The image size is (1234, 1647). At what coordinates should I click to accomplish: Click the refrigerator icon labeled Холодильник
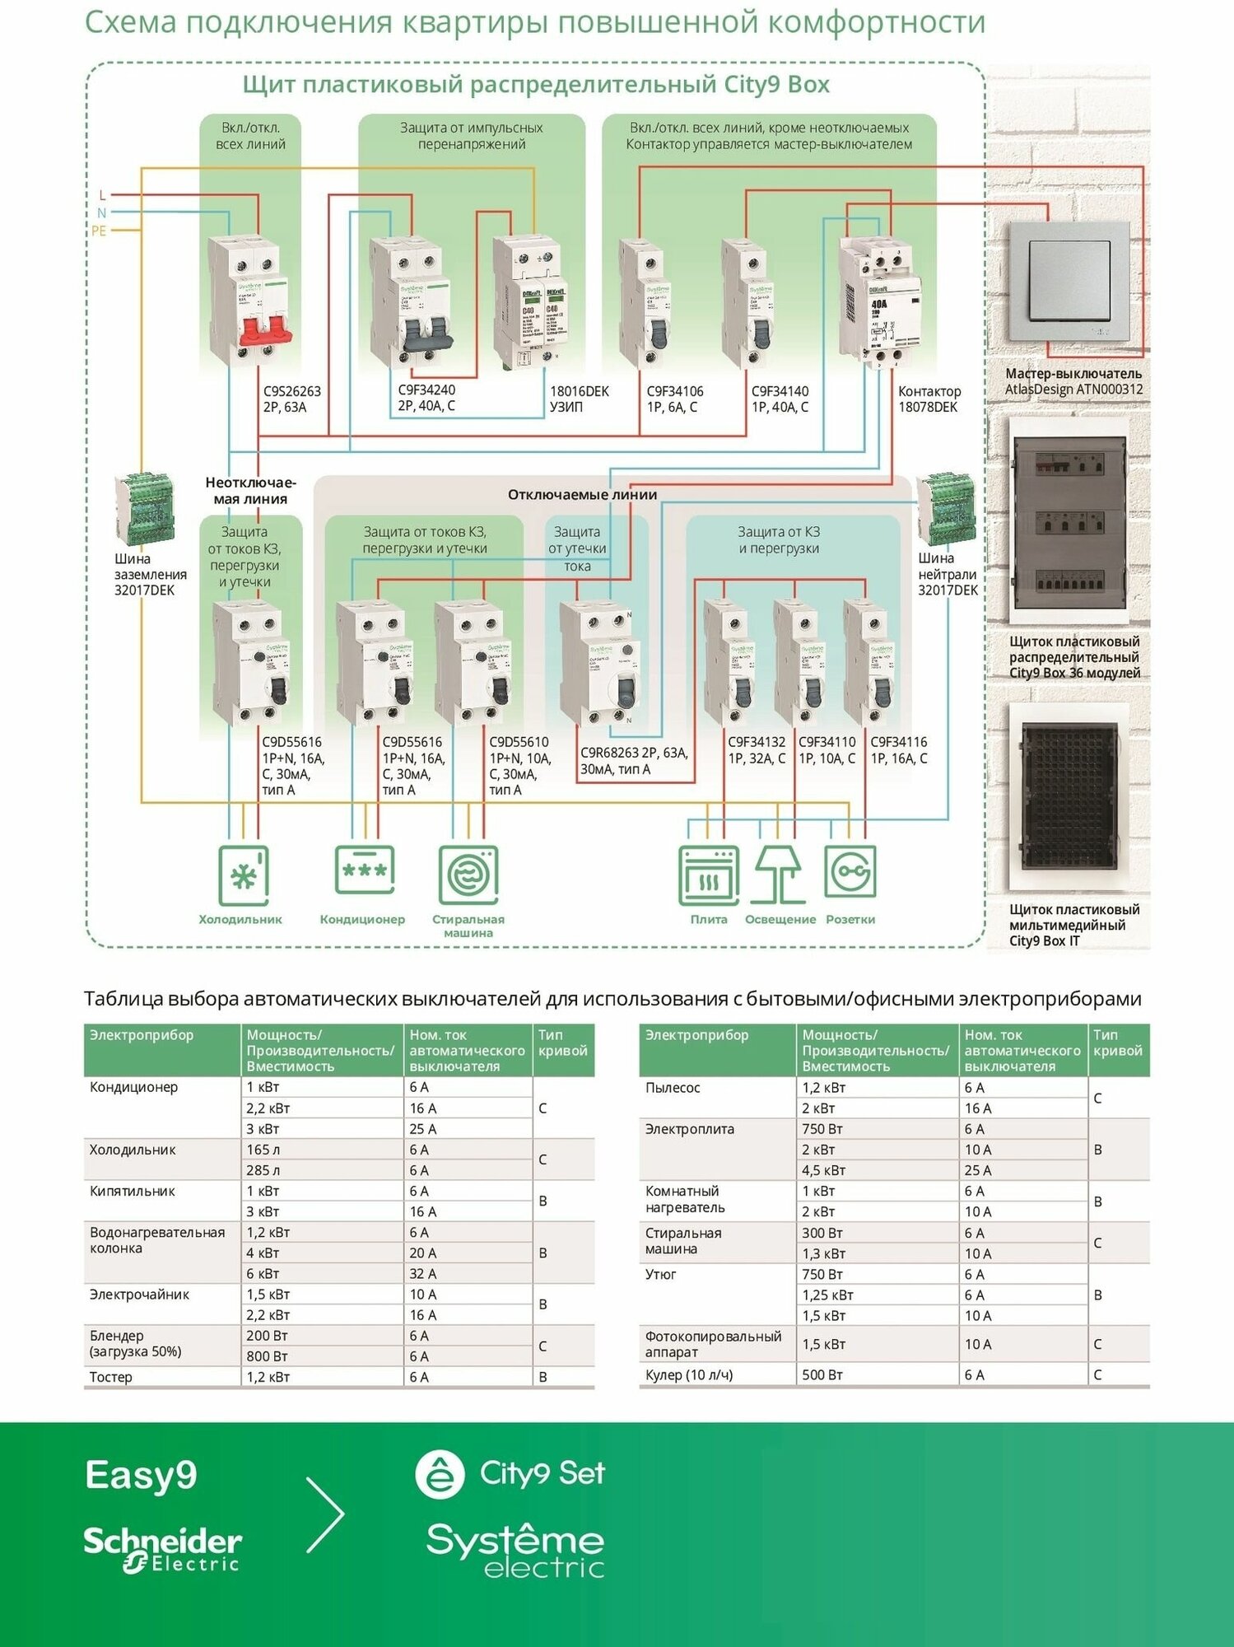[x=244, y=875]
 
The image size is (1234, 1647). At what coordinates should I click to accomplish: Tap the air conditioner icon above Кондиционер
[x=364, y=870]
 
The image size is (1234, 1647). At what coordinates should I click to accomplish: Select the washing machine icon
[x=468, y=875]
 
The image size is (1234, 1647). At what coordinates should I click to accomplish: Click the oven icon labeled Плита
[x=709, y=875]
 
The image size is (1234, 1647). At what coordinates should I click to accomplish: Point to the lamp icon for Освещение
[x=779, y=874]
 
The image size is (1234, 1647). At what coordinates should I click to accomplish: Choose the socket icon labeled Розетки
[x=850, y=872]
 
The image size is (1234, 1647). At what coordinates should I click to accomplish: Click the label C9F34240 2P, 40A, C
[x=426, y=398]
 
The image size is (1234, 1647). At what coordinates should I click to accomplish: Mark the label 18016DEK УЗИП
[x=580, y=399]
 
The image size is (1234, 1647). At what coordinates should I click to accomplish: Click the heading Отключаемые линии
[x=582, y=495]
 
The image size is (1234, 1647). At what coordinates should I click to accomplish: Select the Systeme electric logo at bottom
[x=515, y=1550]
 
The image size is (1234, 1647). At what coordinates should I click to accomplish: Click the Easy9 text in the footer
[x=141, y=1475]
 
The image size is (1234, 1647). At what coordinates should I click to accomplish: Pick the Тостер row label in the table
[x=111, y=1377]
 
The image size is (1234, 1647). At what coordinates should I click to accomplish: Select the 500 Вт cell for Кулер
[x=822, y=1374]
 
